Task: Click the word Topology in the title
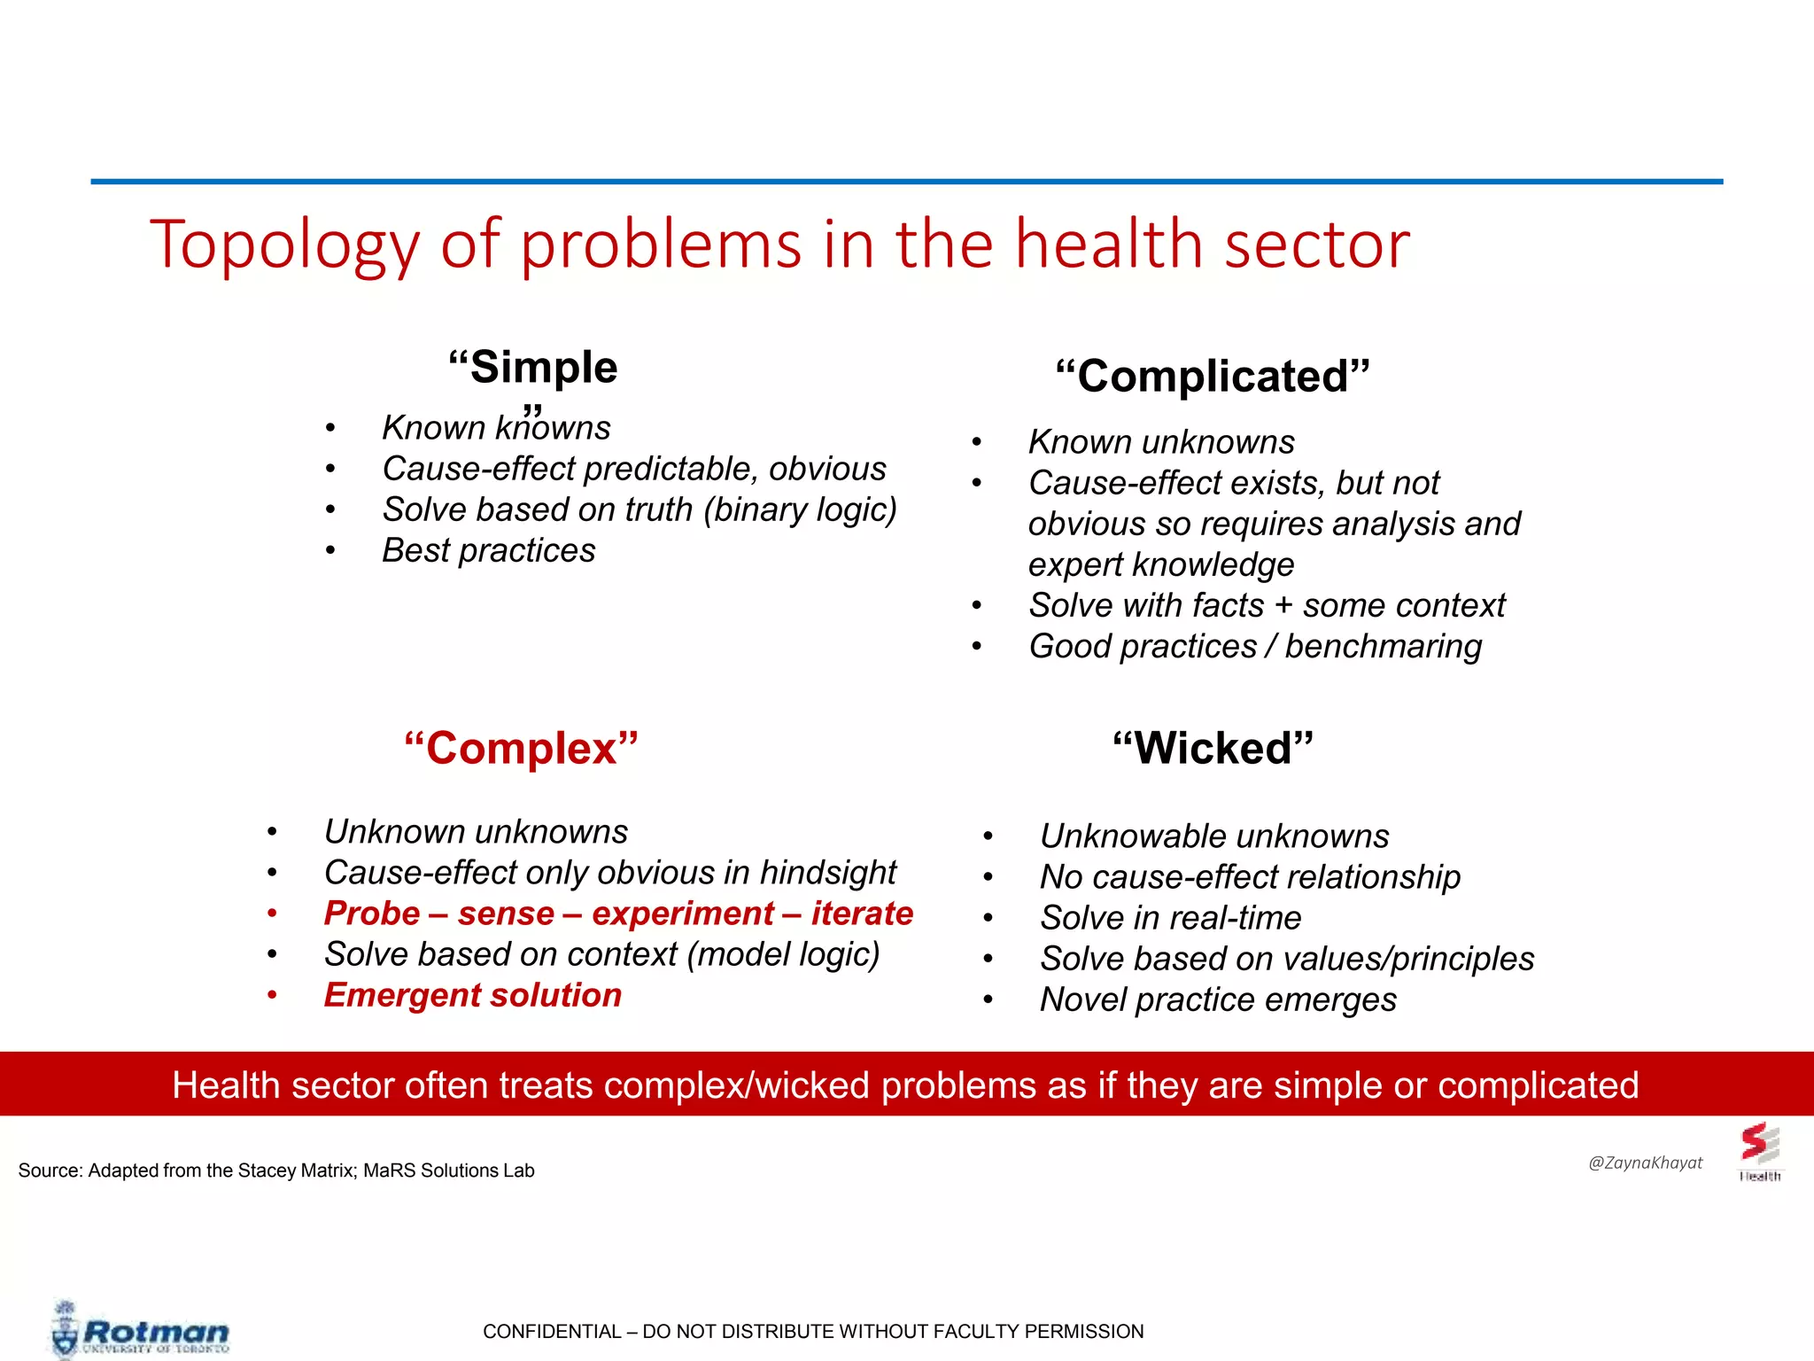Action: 283,246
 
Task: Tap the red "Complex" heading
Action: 521,749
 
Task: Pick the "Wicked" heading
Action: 1213,749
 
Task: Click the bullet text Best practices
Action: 488,551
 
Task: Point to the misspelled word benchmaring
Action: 1383,647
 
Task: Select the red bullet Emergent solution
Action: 472,995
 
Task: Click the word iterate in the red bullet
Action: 862,914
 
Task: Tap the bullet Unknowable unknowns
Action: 1213,836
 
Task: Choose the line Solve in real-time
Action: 1170,918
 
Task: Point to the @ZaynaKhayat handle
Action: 1645,1163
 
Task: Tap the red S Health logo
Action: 1759,1150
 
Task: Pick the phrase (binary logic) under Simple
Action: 800,510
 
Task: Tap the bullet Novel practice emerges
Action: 1218,999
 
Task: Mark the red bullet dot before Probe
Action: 273,914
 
